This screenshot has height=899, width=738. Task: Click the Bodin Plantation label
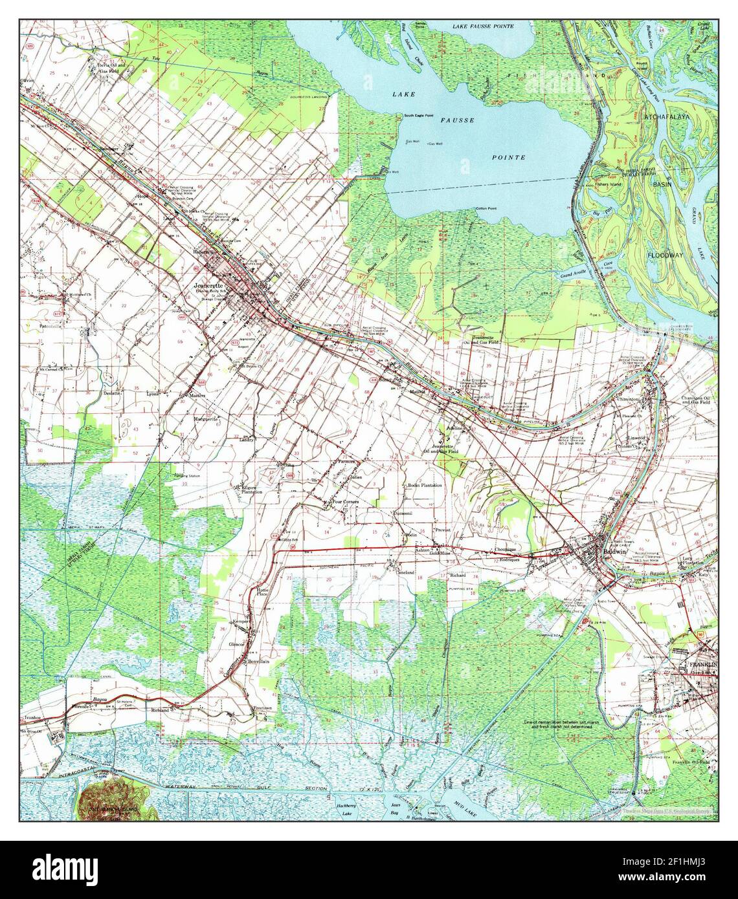point(423,484)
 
